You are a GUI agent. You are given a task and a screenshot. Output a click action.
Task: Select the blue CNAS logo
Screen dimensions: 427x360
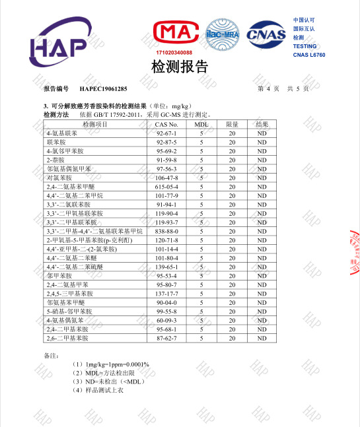266,34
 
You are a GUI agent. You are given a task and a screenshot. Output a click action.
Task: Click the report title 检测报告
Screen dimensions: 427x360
180,67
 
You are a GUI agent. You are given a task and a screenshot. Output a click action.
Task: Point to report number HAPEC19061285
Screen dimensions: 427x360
103,88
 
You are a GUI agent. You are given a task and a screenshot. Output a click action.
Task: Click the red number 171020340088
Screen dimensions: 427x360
174,52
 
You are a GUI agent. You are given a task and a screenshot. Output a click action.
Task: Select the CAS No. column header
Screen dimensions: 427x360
166,124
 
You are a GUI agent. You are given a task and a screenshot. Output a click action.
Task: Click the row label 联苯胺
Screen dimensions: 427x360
56,142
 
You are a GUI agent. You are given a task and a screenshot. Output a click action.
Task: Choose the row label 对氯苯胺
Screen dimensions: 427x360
59,178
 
